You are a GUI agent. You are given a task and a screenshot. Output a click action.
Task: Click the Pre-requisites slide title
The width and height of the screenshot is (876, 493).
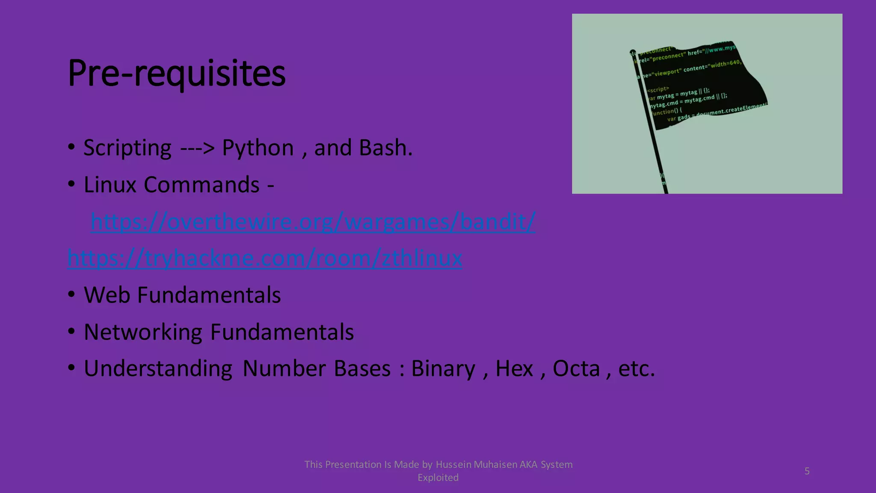[176, 74]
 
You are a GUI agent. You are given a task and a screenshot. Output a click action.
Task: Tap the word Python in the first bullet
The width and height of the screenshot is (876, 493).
[257, 148]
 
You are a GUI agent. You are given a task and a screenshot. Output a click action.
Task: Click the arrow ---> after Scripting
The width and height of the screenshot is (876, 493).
[197, 148]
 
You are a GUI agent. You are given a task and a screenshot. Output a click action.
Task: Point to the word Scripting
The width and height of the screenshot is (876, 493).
[127, 148]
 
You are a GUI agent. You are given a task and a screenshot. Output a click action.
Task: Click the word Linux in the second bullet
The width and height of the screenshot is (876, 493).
[110, 185]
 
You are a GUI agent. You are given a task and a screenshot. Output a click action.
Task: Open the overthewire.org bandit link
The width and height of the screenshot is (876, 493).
[313, 222]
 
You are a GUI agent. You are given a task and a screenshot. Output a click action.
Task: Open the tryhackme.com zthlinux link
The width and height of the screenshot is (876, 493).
[265, 258]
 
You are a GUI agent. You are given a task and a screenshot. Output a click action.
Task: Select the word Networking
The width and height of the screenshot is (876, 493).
[143, 332]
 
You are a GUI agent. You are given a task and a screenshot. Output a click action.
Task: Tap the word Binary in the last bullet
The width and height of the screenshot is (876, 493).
[443, 369]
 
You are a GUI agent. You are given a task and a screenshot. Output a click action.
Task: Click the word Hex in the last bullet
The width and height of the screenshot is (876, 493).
[514, 368]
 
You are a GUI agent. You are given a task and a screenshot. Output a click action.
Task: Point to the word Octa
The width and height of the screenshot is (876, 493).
[576, 368]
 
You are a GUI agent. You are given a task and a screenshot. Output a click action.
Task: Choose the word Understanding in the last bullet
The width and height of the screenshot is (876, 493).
[158, 369]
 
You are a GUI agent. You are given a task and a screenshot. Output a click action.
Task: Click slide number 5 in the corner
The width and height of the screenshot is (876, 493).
[807, 471]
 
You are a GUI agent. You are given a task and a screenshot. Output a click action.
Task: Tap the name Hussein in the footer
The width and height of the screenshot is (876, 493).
[451, 465]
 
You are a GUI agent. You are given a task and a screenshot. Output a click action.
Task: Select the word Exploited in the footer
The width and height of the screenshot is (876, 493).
[438, 478]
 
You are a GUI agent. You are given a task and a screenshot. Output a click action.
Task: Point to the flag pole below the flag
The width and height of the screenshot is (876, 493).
[659, 163]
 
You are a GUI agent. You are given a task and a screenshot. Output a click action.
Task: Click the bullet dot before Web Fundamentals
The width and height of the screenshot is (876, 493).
[71, 295]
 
